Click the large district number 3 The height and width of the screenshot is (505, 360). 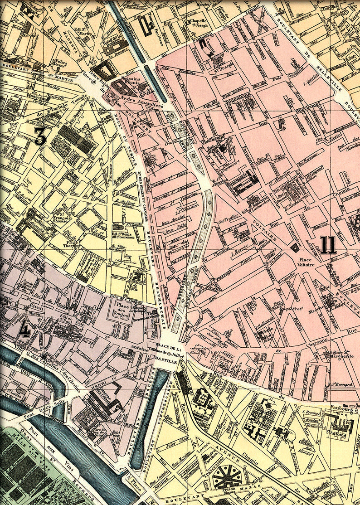point(40,136)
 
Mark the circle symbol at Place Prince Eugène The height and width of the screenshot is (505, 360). point(94,83)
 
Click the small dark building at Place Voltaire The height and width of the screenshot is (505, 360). point(296,247)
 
